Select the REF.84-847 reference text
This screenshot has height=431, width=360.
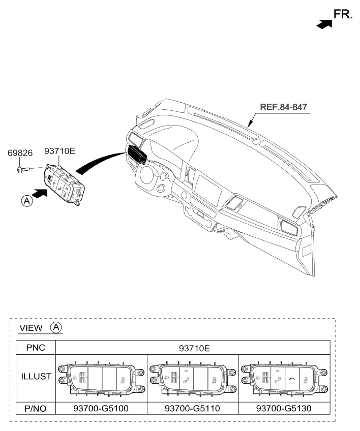click(x=284, y=107)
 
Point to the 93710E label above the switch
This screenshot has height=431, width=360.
click(x=59, y=151)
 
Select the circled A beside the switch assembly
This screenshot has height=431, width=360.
click(x=26, y=201)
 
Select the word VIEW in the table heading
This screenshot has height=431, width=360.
click(x=31, y=328)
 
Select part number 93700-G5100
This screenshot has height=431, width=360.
click(x=101, y=408)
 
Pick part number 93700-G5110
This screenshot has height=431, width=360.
click(x=192, y=408)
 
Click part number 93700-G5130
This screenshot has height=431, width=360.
click(x=284, y=408)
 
